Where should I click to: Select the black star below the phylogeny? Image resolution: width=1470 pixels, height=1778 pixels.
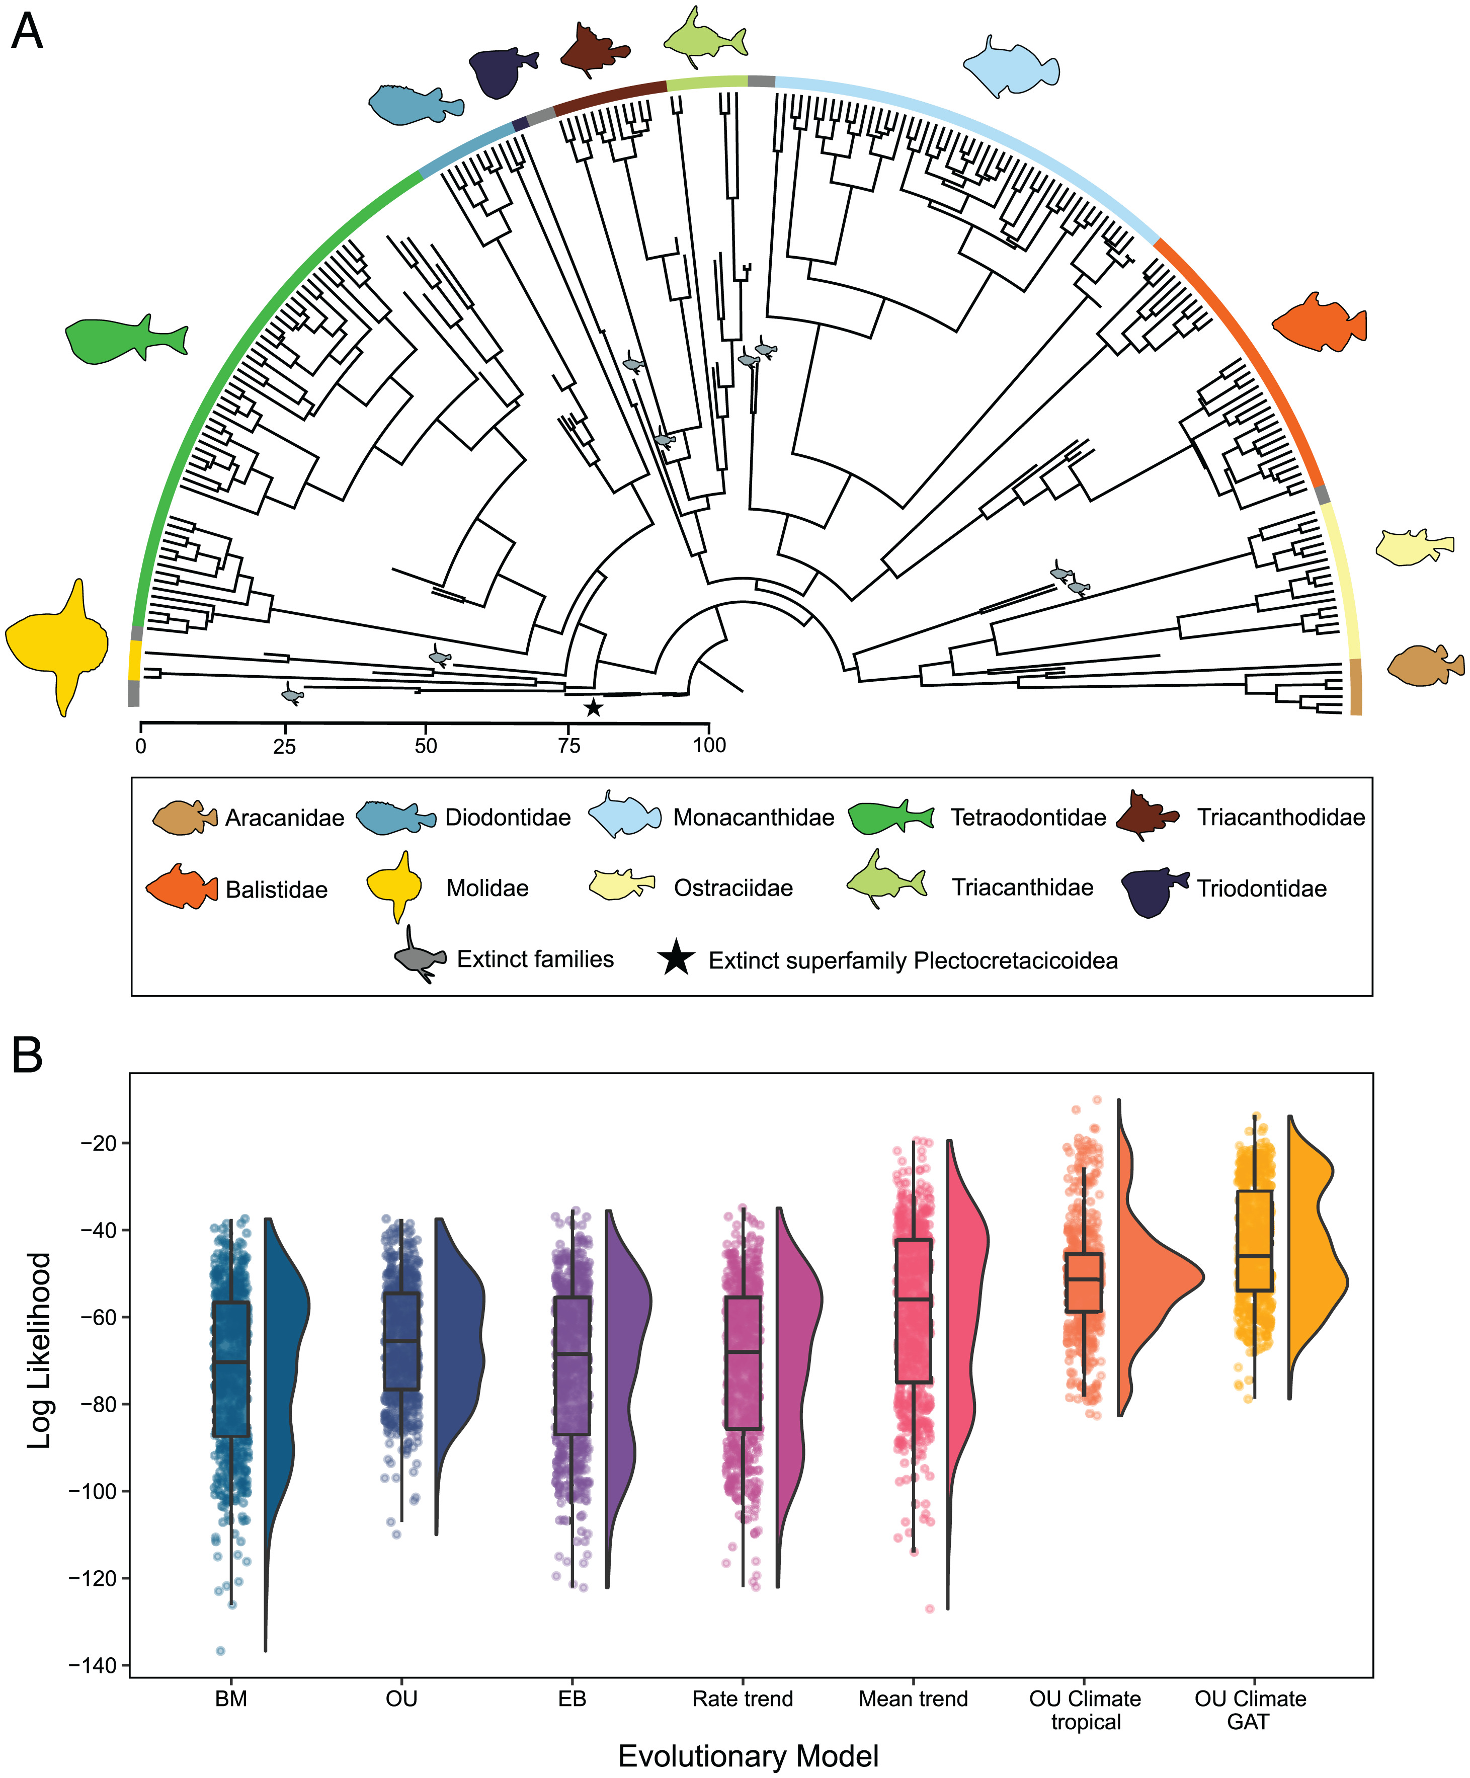pos(594,707)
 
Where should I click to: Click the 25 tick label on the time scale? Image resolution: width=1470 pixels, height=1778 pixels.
pos(285,746)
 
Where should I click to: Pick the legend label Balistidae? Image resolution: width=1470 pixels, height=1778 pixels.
pos(276,890)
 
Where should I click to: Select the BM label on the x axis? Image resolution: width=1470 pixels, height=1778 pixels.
pos(231,1699)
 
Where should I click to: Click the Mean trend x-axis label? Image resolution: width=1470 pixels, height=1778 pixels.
pos(913,1699)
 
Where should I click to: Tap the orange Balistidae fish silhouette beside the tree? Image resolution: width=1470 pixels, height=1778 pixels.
pos(1319,322)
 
